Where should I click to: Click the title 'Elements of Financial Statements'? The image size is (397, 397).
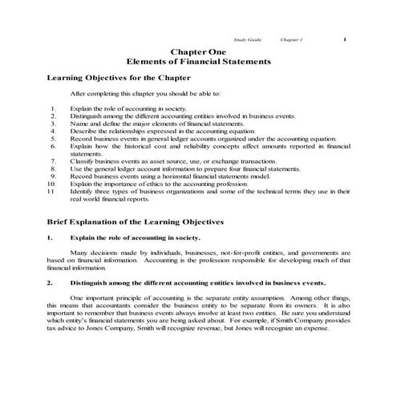coord(198,61)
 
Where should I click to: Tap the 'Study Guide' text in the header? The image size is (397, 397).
coord(245,38)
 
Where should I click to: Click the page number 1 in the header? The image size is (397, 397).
coord(343,38)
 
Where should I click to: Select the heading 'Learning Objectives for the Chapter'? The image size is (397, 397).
coord(119,78)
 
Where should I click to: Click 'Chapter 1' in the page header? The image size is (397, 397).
coord(292,38)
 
